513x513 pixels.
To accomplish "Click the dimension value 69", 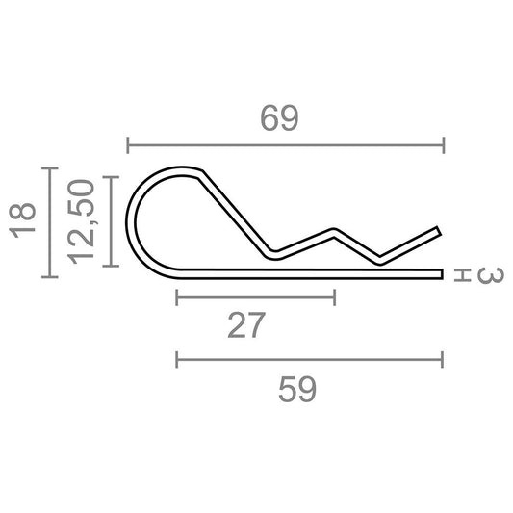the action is point(279,118).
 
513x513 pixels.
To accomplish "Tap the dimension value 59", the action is point(297,389).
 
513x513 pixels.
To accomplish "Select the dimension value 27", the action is point(246,325).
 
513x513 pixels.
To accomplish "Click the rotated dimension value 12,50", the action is point(81,221).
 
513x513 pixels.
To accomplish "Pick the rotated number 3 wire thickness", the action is point(490,275).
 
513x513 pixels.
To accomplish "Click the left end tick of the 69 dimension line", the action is point(128,145).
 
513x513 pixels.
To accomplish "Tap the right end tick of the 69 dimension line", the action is point(444,145).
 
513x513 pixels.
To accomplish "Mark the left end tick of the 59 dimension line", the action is point(177,360).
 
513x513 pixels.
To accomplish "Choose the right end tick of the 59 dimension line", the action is point(443,360).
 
